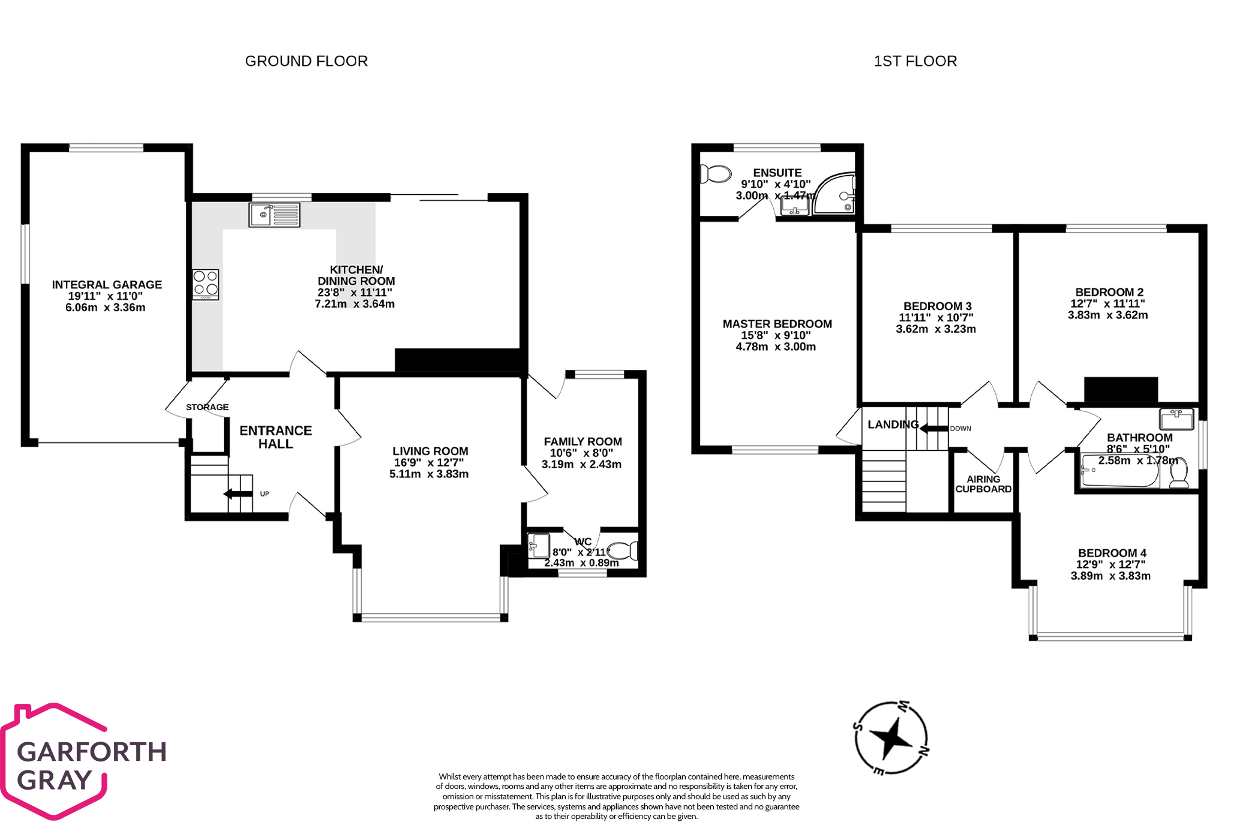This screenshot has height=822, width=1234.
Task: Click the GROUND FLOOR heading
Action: (x=306, y=61)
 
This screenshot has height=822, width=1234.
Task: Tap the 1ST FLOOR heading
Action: (x=915, y=61)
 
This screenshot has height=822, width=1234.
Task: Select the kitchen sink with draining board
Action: (x=274, y=215)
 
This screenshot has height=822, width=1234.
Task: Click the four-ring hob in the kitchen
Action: (x=206, y=285)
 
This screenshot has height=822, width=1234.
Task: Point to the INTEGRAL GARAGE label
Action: (x=107, y=285)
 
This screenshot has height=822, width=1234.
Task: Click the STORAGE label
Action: (x=207, y=407)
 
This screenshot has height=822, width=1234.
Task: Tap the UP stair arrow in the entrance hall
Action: (x=238, y=494)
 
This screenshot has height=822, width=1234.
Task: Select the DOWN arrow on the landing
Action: (x=934, y=428)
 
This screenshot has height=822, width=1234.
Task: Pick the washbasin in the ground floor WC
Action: (x=539, y=546)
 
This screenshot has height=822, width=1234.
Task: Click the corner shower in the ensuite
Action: (x=834, y=193)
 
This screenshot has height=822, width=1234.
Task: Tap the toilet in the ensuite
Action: (x=716, y=174)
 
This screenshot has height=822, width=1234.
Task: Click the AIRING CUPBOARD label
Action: (x=983, y=484)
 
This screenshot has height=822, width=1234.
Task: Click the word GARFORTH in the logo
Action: (x=92, y=752)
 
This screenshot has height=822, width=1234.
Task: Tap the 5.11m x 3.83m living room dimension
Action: (x=429, y=474)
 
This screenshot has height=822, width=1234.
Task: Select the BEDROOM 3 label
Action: (x=938, y=306)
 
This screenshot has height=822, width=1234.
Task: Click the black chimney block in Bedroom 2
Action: (x=1121, y=390)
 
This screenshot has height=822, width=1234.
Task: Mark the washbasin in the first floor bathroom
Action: (x=1176, y=419)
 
